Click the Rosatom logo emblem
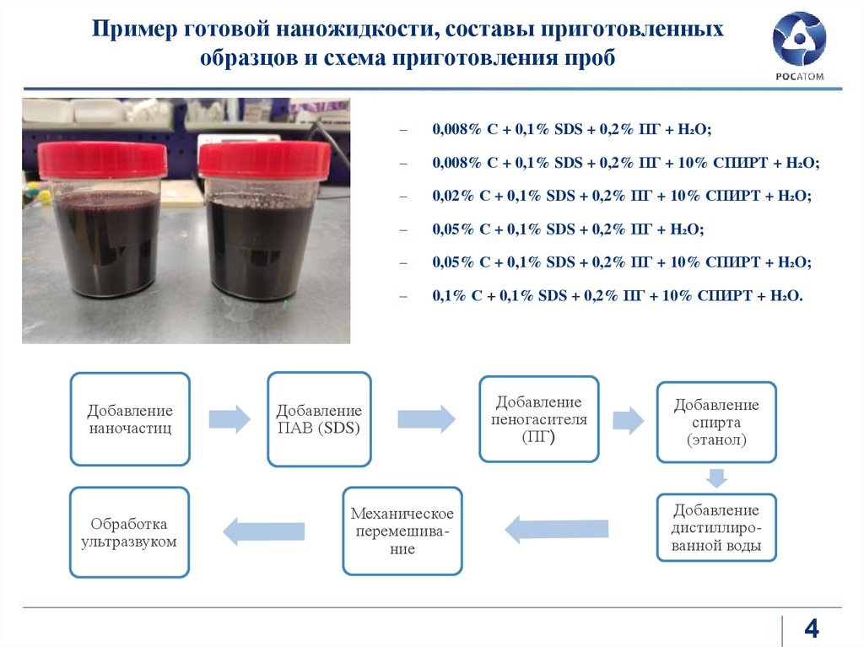tap(799, 39)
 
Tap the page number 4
tap(812, 628)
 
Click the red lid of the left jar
tap(102, 159)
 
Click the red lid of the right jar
tap(264, 160)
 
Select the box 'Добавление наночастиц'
tap(130, 419)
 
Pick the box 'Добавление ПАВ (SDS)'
tap(319, 419)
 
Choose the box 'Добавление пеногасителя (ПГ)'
tap(539, 419)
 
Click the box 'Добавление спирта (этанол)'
tap(716, 422)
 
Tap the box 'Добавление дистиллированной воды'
tap(716, 527)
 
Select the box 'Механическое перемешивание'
tap(402, 531)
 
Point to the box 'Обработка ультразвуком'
tap(129, 532)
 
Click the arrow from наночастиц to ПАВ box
tap(229, 419)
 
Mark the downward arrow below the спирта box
tap(716, 477)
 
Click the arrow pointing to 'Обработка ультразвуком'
tap(263, 531)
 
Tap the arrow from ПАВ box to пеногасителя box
tap(426, 418)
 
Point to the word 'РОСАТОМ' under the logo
tap(800, 77)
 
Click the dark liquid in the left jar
tap(105, 242)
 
